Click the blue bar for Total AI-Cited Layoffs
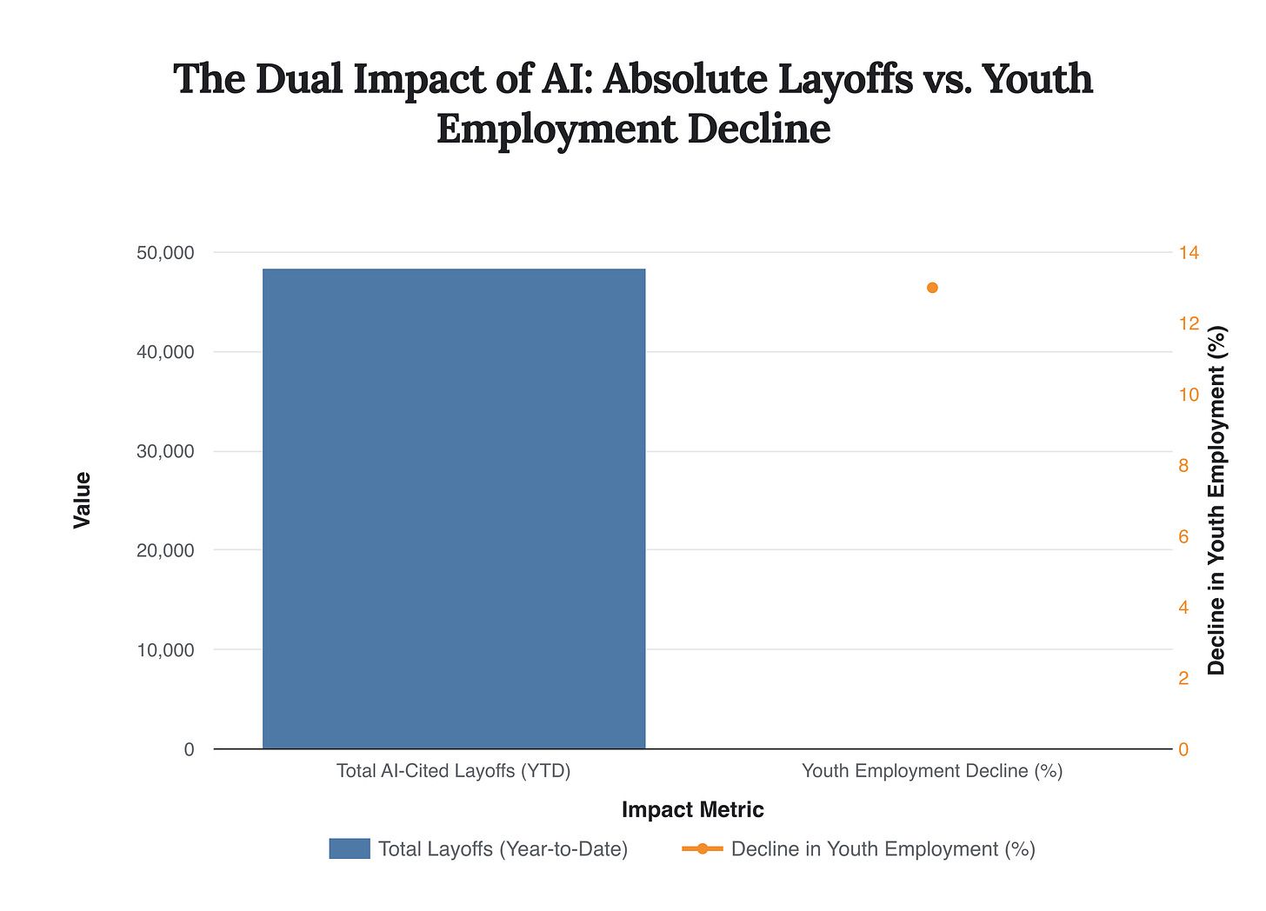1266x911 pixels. click(x=454, y=509)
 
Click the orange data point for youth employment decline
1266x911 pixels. click(x=932, y=288)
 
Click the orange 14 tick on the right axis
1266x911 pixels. click(x=1188, y=253)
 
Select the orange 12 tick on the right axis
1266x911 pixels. click(x=1188, y=323)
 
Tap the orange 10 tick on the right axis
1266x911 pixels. click(x=1188, y=395)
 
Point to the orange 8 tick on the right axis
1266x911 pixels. click(x=1183, y=466)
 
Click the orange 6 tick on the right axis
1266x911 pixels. click(x=1183, y=536)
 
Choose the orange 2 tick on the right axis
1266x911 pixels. click(x=1183, y=678)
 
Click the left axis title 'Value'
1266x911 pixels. click(x=83, y=500)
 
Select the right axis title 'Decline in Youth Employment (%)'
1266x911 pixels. click(x=1216, y=500)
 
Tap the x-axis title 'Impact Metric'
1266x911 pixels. click(x=693, y=810)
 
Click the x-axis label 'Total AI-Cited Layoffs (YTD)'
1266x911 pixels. click(x=454, y=771)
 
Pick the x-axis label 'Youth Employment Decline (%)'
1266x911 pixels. click(x=932, y=771)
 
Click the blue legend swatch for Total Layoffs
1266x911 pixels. click(x=350, y=849)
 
